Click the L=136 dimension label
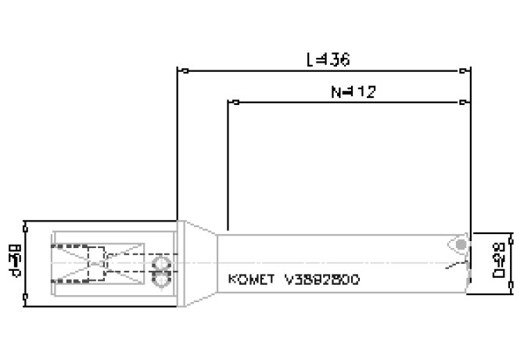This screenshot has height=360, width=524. [x=328, y=59]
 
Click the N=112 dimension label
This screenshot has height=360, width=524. [x=353, y=92]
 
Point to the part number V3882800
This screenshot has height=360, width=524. [x=321, y=279]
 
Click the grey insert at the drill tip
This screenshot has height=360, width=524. [x=461, y=246]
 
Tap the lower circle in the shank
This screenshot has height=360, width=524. [x=163, y=277]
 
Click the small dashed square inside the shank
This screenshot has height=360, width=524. [x=96, y=263]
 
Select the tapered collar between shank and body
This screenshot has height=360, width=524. [x=199, y=263]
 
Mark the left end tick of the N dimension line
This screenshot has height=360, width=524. [x=228, y=103]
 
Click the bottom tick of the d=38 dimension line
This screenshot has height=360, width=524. [x=27, y=300]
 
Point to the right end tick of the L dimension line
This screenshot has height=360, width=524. [x=470, y=71]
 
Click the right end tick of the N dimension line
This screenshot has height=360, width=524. [x=470, y=103]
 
